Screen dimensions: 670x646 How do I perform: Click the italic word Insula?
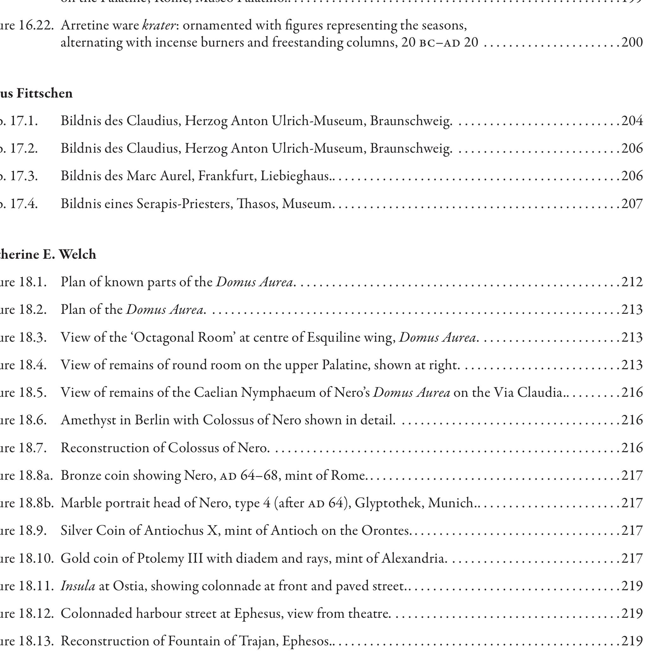[78, 586]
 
